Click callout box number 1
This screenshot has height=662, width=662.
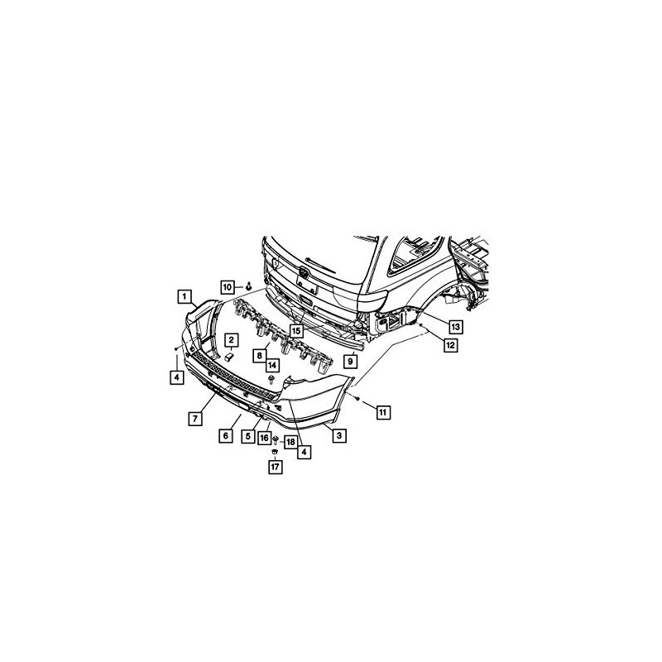(x=186, y=295)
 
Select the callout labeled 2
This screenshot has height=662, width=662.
(x=233, y=339)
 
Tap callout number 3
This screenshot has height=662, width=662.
(x=338, y=434)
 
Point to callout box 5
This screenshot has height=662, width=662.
(x=247, y=436)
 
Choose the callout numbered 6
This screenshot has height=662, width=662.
(x=224, y=435)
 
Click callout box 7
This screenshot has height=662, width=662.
(x=194, y=419)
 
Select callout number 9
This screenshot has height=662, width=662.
(x=350, y=361)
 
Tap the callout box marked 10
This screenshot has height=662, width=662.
(x=228, y=286)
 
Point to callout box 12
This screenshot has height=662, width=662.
(x=450, y=346)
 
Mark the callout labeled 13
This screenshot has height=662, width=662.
(x=455, y=326)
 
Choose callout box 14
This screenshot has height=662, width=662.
(x=272, y=364)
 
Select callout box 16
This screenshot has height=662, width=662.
(x=265, y=438)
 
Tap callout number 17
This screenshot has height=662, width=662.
(x=275, y=468)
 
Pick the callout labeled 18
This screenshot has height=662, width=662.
(x=290, y=443)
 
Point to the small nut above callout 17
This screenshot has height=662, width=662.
(x=275, y=453)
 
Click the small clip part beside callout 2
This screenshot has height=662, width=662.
(x=228, y=356)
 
